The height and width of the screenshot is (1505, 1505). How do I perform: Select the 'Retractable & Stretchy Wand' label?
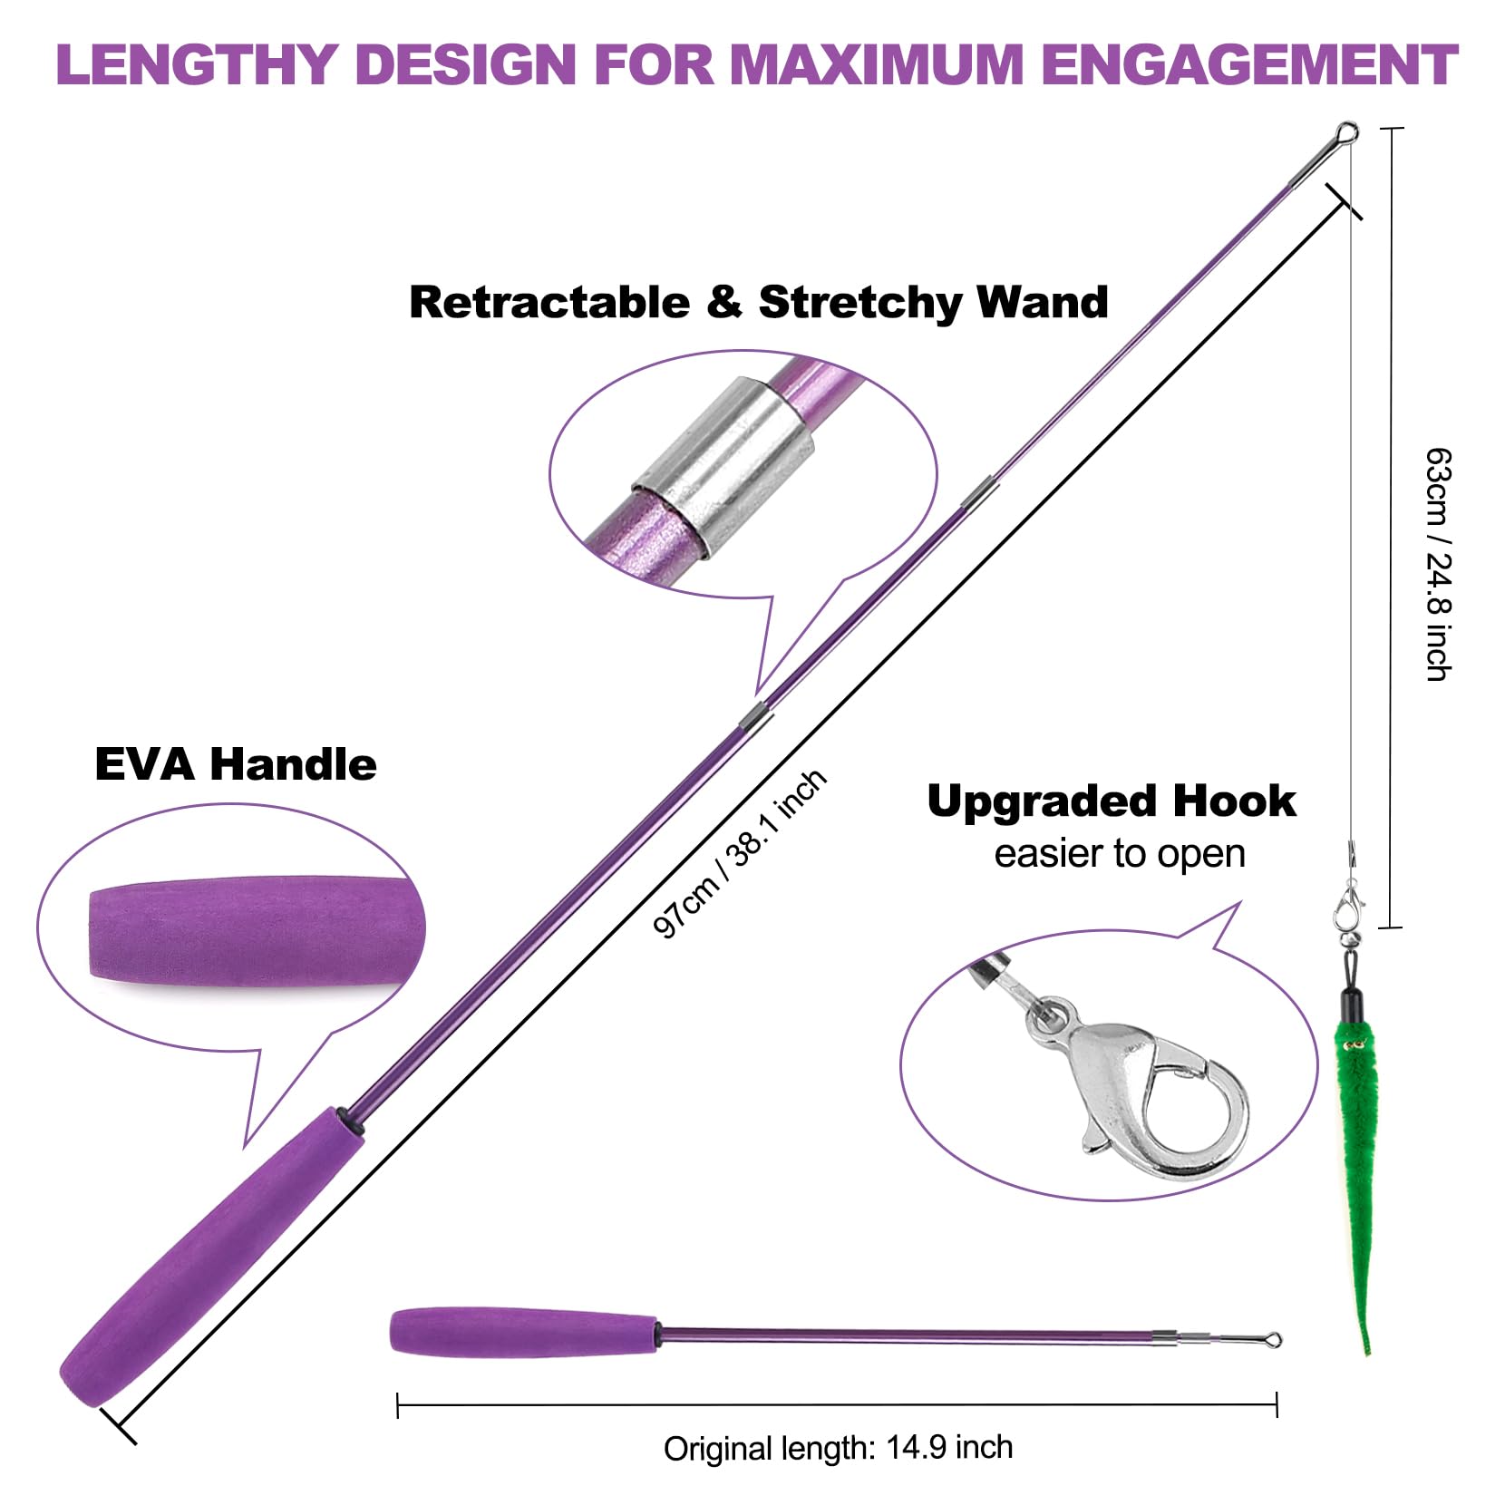(x=758, y=302)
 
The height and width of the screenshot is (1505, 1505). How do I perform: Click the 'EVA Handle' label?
(x=235, y=763)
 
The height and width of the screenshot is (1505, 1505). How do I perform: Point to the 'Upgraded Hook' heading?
(x=1112, y=801)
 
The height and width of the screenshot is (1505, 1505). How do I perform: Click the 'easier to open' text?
(x=1119, y=854)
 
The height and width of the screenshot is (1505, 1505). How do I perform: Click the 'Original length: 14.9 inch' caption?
(x=838, y=1447)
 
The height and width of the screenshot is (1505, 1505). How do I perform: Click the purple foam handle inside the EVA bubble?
(x=245, y=927)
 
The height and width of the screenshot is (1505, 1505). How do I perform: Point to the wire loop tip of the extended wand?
(x=1347, y=134)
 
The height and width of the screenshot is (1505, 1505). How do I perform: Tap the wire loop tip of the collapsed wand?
(x=1271, y=1339)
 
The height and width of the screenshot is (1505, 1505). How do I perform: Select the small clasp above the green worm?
(x=1350, y=907)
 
